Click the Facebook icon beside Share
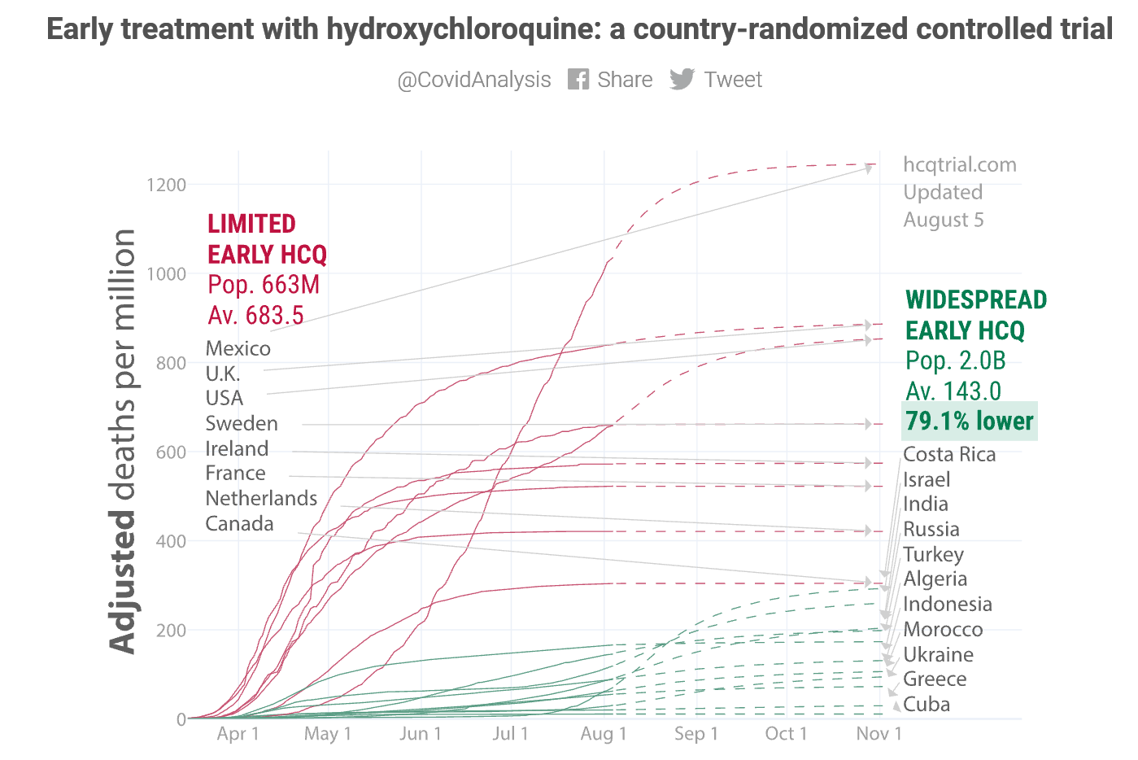coord(578,79)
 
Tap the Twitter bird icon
coord(682,79)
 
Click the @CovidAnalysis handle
coord(473,80)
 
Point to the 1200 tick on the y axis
coord(167,185)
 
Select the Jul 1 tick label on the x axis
coord(510,733)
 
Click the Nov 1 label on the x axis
coord(879,733)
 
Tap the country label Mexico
coord(238,348)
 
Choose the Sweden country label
coord(242,423)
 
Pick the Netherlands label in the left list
coord(261,498)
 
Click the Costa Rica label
coord(949,454)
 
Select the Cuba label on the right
coord(927,704)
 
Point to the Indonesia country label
coord(948,604)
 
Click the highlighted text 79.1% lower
coord(969,421)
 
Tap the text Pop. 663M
coord(264,285)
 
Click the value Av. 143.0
coord(953,391)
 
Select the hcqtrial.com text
coord(960,164)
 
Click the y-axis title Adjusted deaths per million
coord(123,440)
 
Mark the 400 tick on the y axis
coord(171,541)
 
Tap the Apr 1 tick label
coord(238,733)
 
